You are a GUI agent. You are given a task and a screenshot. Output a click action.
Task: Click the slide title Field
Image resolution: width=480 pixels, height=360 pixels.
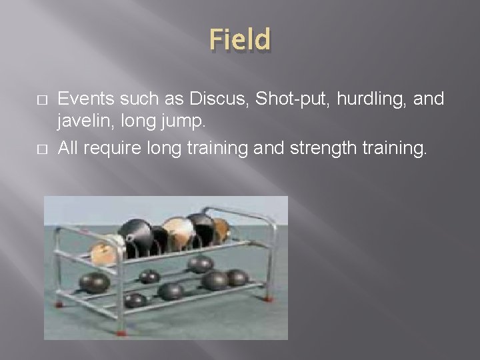click(x=240, y=39)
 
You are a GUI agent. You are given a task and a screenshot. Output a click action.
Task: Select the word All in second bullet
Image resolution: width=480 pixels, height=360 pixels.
click(x=68, y=147)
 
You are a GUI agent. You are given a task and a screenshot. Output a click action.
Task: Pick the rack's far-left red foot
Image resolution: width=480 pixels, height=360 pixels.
click(x=59, y=303)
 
